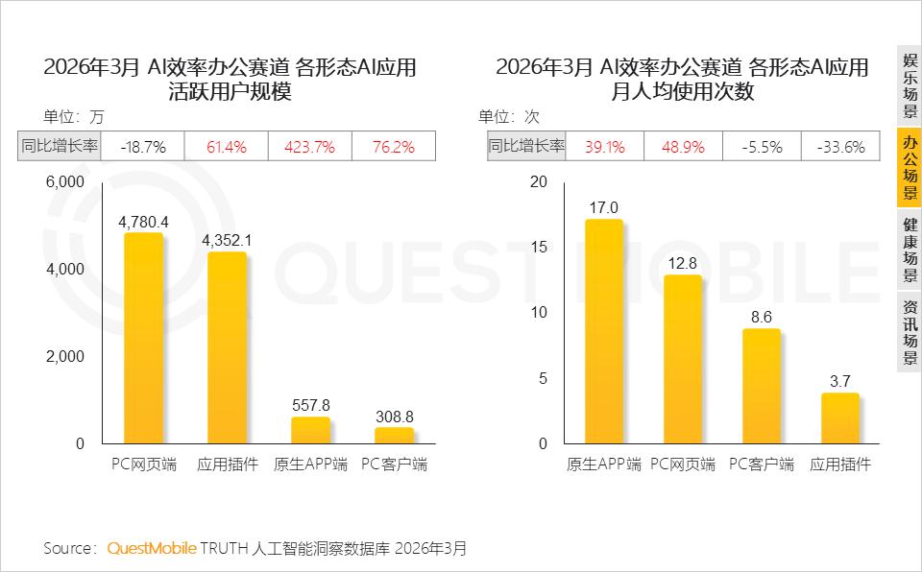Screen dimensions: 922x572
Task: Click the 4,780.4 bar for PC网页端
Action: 143,338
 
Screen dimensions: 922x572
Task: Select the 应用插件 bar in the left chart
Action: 227,347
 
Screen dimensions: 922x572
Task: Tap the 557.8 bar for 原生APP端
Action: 310,430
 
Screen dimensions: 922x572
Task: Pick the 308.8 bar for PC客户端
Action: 394,436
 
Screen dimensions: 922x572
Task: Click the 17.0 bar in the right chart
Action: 604,331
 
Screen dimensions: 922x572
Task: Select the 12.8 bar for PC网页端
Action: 683,359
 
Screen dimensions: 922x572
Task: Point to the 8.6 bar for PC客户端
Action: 762,386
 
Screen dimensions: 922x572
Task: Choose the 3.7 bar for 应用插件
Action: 840,418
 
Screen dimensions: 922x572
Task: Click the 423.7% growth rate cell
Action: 310,146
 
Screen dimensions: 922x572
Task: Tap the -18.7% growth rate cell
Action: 143,146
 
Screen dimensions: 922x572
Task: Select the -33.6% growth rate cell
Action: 841,146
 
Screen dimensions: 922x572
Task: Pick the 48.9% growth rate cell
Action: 683,146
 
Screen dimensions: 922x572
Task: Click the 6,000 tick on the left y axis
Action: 65,182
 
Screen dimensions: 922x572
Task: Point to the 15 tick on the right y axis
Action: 539,247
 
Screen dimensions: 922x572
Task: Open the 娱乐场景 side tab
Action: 910,85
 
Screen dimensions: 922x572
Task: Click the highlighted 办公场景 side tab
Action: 910,167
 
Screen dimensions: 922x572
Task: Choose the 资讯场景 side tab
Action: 910,331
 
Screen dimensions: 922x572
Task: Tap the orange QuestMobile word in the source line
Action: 152,548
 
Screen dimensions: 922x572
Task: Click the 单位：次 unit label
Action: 509,116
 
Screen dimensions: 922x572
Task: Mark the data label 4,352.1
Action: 227,241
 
